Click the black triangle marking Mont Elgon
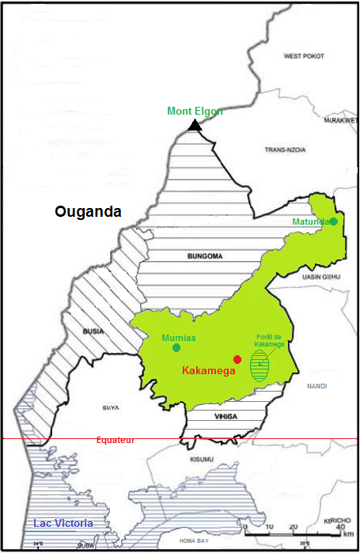195,125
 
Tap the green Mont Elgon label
195,112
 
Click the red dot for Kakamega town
237,359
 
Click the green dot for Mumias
176,347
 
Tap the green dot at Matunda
334,222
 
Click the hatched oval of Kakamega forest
260,367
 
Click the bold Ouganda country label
88,212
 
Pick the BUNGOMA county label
205,257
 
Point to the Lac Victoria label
63,524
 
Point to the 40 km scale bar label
339,528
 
